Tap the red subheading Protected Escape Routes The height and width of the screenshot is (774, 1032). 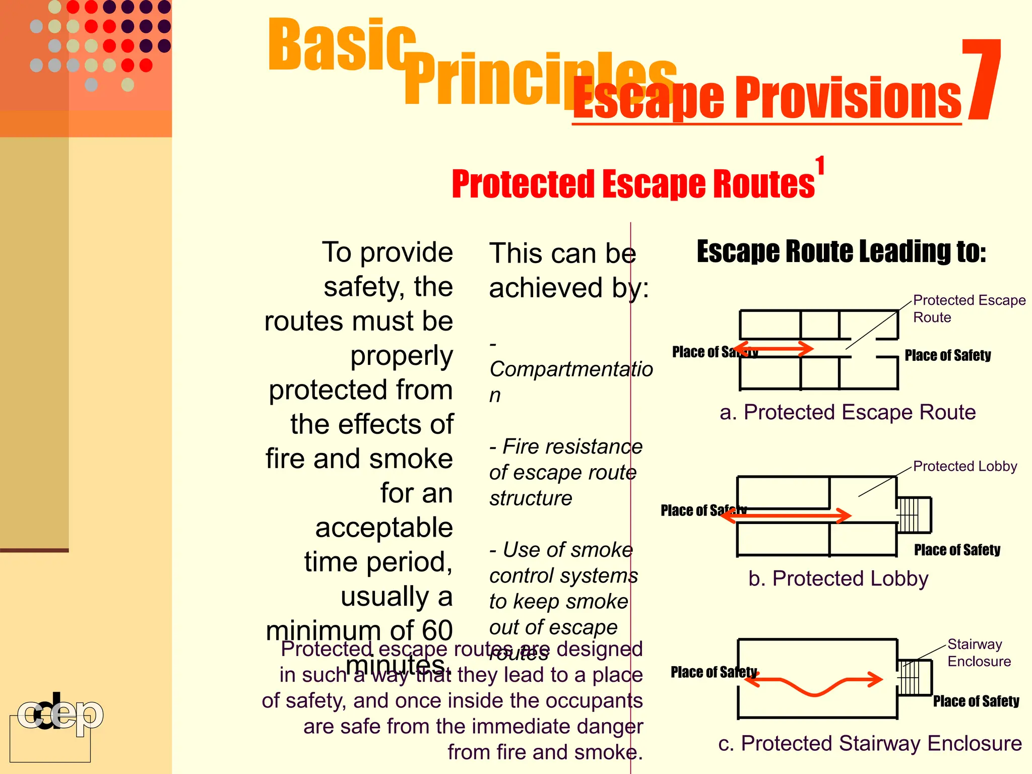click(632, 184)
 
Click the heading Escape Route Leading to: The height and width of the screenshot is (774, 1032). click(841, 251)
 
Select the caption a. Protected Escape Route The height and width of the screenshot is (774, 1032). click(847, 412)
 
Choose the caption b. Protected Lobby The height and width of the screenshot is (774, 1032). click(837, 578)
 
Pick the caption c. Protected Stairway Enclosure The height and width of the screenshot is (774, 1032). click(869, 743)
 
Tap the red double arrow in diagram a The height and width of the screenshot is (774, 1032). click(773, 348)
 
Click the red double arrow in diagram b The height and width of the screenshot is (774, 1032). click(786, 515)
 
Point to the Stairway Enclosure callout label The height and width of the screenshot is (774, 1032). click(978, 653)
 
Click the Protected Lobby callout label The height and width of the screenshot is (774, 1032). click(964, 466)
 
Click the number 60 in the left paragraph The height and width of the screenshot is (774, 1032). click(436, 630)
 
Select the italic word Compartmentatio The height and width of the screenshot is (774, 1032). click(570, 369)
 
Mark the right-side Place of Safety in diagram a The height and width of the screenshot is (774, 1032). click(947, 356)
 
